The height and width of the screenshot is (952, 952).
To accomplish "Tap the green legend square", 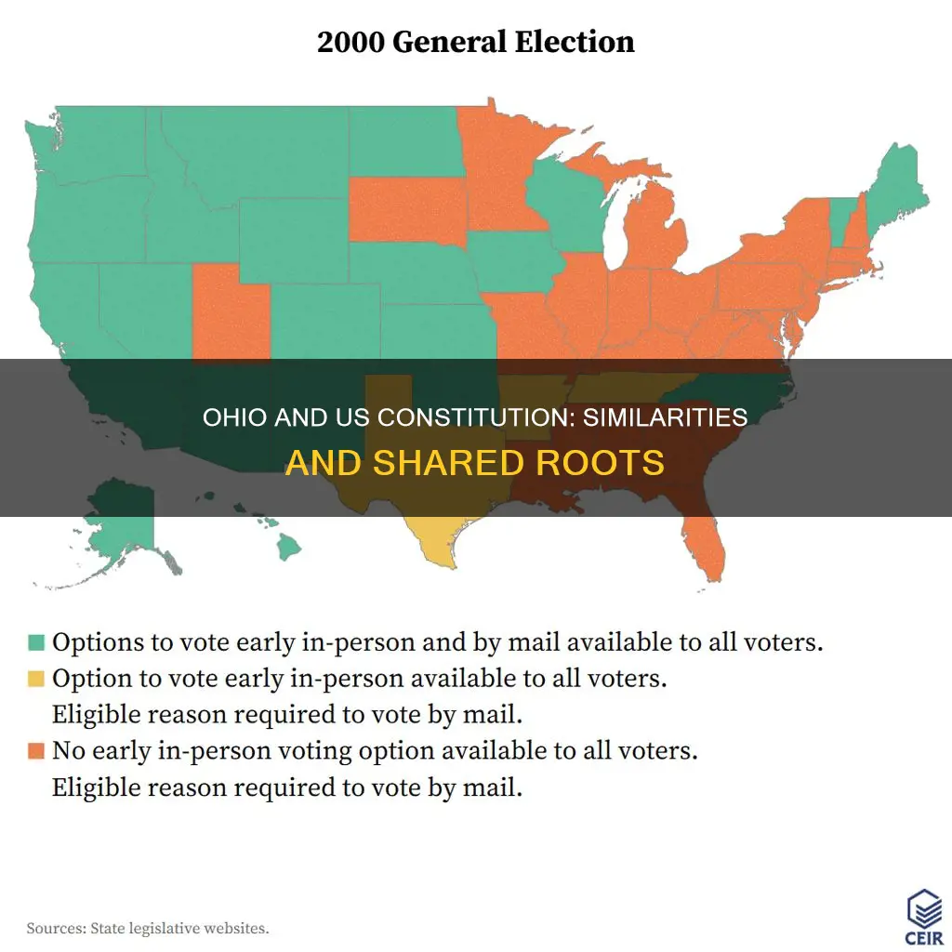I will pos(36,642).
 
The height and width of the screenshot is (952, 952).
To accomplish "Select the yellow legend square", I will pos(36,680).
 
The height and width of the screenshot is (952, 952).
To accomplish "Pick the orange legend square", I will pos(36,751).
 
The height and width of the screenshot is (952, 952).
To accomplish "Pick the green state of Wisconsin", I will pos(562,205).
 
